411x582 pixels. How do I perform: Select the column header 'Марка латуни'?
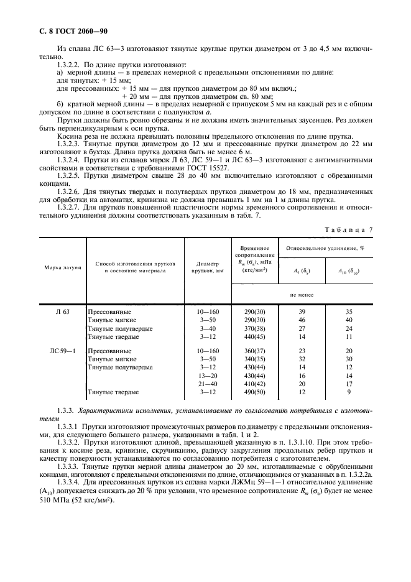62,267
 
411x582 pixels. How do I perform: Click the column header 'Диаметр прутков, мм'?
208,267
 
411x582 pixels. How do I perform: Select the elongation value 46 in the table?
302,318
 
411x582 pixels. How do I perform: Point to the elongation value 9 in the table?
348,410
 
